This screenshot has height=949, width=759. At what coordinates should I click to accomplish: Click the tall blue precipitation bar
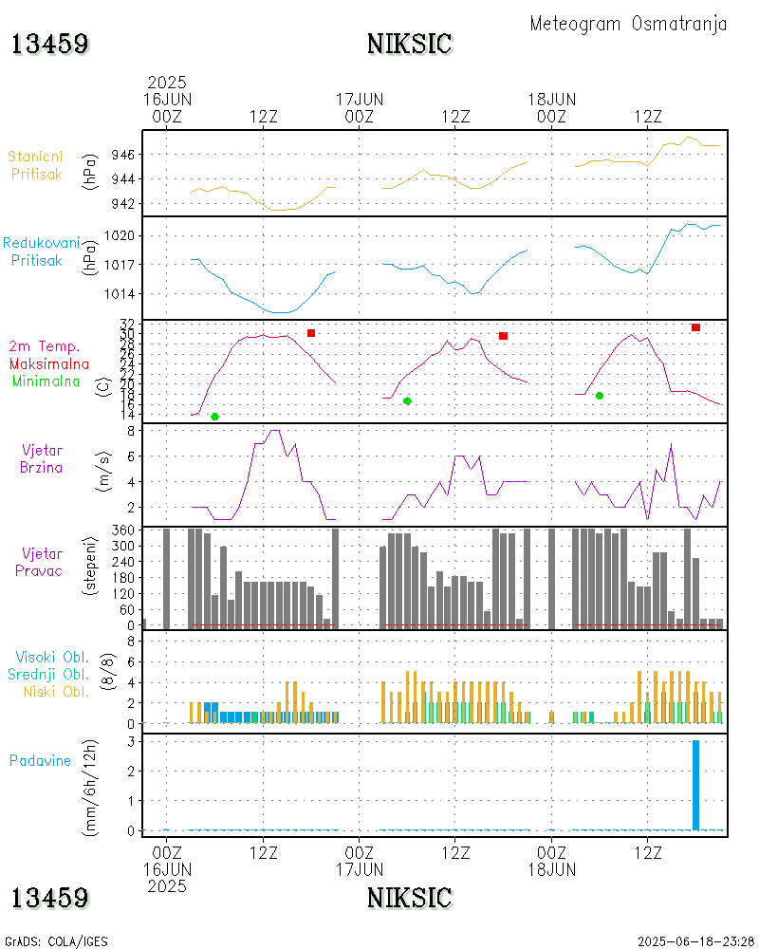coord(695,785)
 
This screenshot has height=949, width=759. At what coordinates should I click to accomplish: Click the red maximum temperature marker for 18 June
coord(695,327)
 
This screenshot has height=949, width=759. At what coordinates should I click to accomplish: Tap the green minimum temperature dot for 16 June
coord(214,417)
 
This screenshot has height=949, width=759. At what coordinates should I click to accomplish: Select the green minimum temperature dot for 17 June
coord(407,400)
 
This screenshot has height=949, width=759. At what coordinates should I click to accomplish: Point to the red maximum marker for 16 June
coord(311,333)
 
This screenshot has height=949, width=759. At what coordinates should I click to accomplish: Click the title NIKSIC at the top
coord(409,44)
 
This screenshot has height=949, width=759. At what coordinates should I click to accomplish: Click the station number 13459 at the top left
coord(50,44)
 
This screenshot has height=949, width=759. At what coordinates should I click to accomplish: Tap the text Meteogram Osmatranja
coord(628,24)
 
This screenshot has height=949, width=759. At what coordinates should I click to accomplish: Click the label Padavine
coord(40,760)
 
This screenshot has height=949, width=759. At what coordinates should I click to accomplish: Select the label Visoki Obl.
coord(53,657)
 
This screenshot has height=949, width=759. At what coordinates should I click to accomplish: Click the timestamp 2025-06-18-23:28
coord(695,941)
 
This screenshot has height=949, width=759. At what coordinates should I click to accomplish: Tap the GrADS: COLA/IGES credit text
coord(56,941)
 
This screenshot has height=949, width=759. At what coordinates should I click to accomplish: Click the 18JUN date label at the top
coord(551,99)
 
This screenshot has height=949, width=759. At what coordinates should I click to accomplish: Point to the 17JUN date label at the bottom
coord(360,868)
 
